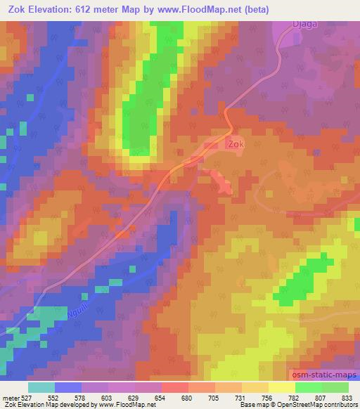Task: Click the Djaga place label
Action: (x=305, y=24)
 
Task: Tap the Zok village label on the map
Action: (x=236, y=143)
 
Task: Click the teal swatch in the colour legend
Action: (x=41, y=387)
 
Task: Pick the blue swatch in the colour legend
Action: (x=68, y=387)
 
